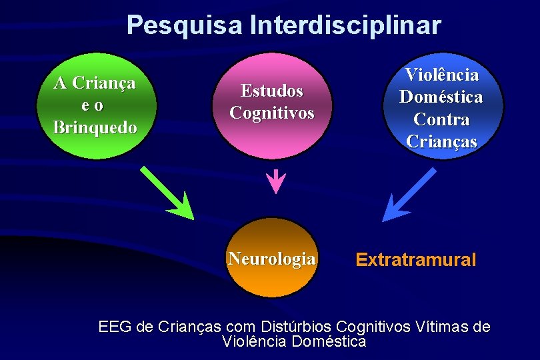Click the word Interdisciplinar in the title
(x=345, y=25)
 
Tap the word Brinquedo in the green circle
(x=95, y=127)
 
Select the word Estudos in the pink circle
(x=271, y=90)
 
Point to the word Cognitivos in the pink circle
(x=271, y=113)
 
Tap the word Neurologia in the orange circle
(x=271, y=259)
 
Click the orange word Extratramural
(x=416, y=259)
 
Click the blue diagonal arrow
(x=407, y=195)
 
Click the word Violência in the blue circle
(x=442, y=74)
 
